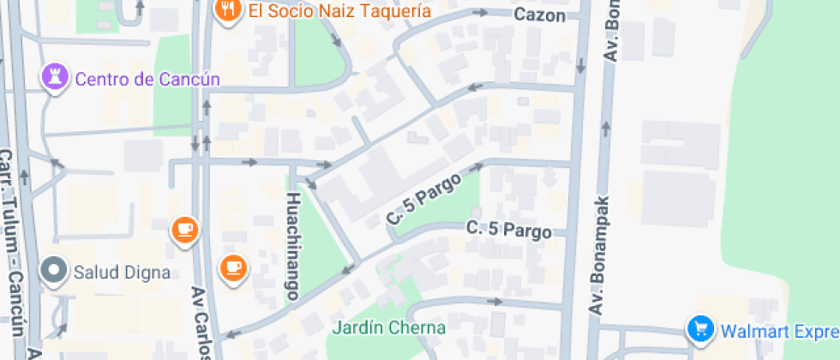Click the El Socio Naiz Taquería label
[x=339, y=11]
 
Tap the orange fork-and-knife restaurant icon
[x=226, y=10]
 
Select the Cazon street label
[x=540, y=15]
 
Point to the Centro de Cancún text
[x=147, y=80]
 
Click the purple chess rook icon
[x=55, y=79]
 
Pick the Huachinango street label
[x=292, y=245]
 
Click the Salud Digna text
[x=121, y=273]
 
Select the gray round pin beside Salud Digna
[x=54, y=271]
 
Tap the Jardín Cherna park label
[x=389, y=327]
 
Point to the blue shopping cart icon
[x=701, y=328]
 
